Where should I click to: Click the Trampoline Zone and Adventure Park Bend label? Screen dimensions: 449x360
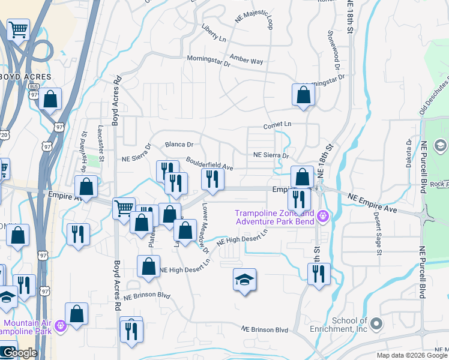(274, 217)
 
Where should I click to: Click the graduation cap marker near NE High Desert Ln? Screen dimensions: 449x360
(244, 280)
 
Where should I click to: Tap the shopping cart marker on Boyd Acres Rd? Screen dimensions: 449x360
(124, 209)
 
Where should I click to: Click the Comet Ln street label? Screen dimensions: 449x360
(277, 125)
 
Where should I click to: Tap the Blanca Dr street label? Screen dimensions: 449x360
(179, 145)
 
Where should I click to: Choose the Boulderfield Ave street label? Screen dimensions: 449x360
(209, 163)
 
